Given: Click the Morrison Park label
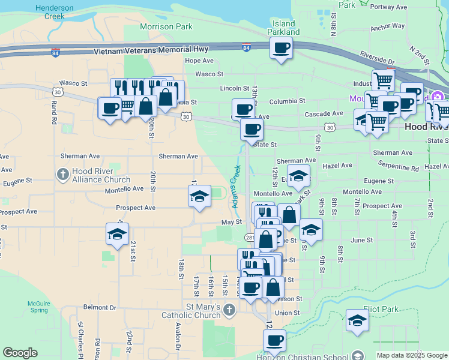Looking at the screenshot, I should [x=166, y=26].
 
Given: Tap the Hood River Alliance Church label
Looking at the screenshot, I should [x=100, y=175].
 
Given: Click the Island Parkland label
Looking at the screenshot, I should [x=283, y=28].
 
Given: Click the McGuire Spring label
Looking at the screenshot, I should [x=38, y=307].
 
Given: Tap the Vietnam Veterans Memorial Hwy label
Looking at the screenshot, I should [x=159, y=52].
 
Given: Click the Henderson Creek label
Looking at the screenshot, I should [x=54, y=12].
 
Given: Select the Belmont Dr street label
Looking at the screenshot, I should [x=100, y=307].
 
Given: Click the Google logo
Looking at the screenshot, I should [x=20, y=353].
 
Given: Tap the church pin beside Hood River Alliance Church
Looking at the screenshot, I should [x=62, y=175].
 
